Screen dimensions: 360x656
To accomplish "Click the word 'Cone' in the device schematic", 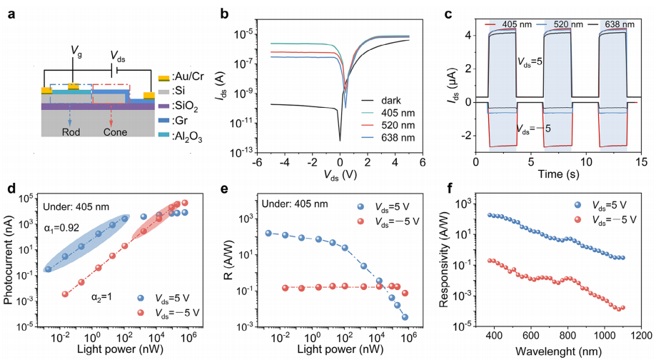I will pos(116,131).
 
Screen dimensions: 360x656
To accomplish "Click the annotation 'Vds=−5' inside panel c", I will pos(534,129).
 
